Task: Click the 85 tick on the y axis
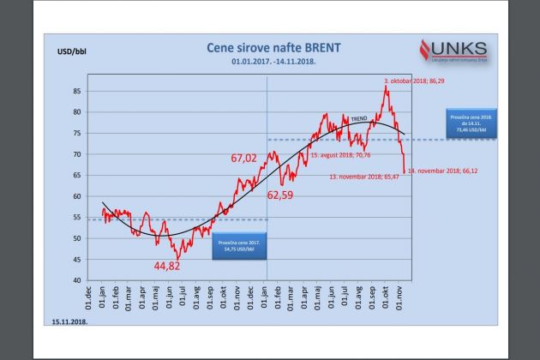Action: point(78,91)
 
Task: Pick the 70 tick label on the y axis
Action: point(78,154)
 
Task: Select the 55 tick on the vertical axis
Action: point(78,217)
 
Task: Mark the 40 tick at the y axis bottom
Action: point(78,280)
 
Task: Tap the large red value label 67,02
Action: point(244,159)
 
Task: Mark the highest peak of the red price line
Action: point(387,86)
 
